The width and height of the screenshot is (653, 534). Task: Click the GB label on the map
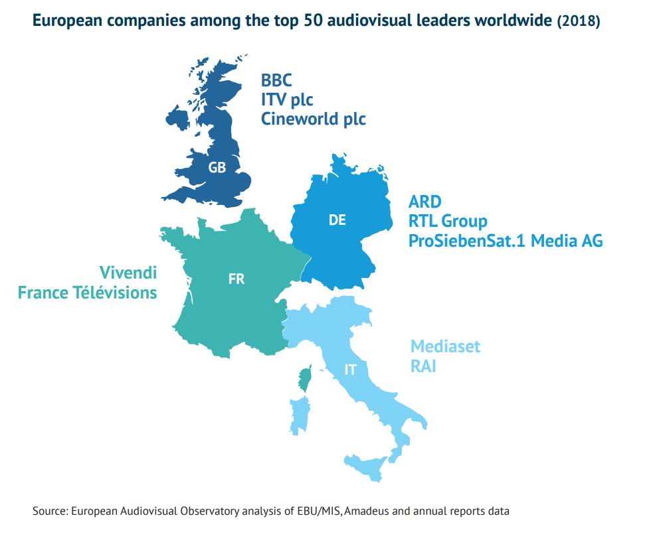217,168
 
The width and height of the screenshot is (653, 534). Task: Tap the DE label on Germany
337,220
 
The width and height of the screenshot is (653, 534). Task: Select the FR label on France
236,279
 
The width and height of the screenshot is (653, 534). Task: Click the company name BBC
276,81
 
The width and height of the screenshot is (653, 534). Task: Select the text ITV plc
287,100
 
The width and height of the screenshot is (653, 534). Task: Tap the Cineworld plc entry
313,119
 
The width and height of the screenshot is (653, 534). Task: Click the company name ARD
425,202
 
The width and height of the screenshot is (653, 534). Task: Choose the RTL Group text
448,221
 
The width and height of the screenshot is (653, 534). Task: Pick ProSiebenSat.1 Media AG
506,241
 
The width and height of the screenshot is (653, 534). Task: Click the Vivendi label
128,273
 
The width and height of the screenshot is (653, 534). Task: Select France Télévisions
88,293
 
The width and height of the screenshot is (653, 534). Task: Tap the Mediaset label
445,346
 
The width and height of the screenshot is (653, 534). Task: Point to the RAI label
423,366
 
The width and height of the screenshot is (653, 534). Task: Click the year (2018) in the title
578,22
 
